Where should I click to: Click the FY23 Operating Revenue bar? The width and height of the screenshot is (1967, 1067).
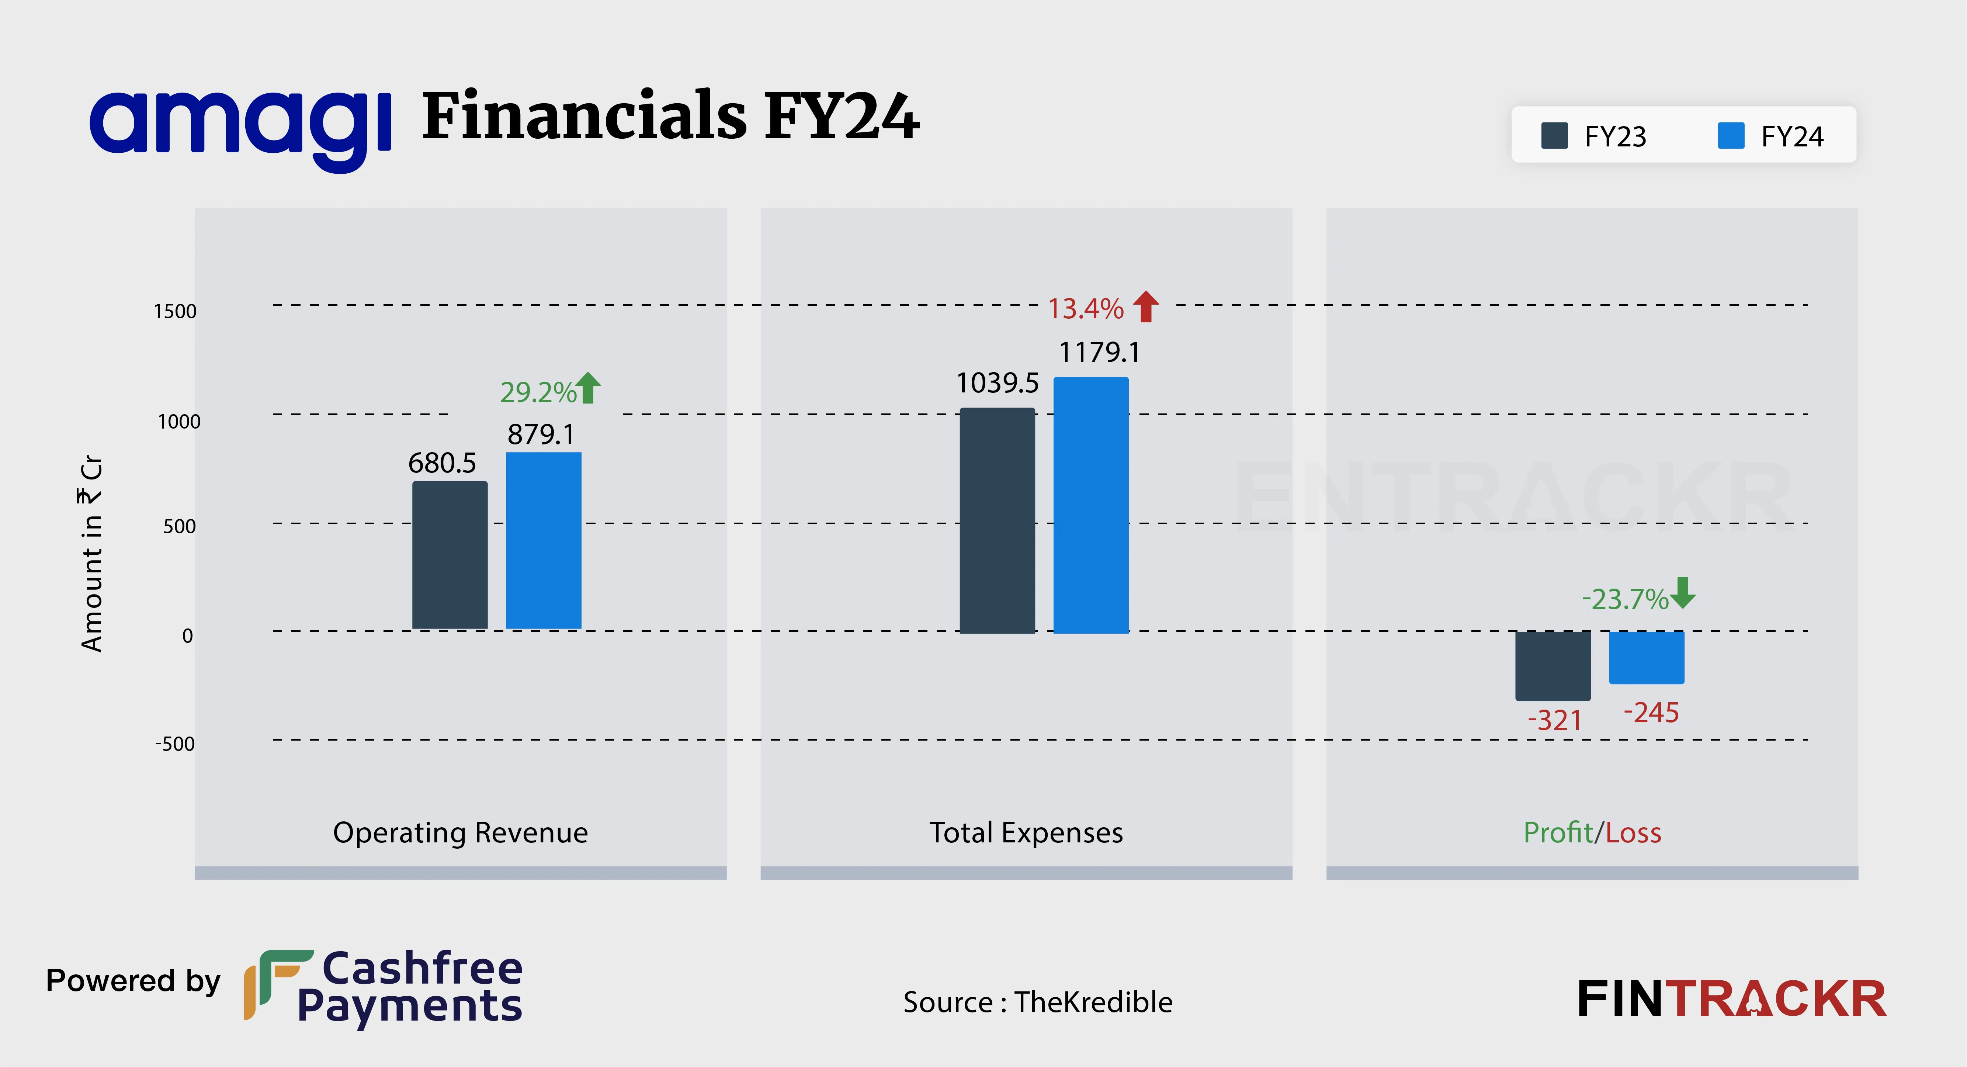[x=450, y=555]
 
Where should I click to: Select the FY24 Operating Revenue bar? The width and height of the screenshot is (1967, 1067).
[x=544, y=541]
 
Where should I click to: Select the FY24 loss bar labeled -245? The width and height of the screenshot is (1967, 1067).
[x=1646, y=657]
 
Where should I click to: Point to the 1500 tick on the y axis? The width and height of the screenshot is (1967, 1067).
[x=175, y=312]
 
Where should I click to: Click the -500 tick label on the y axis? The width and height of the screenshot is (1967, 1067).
[x=175, y=744]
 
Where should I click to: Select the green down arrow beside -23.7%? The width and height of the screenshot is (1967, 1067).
[x=1683, y=593]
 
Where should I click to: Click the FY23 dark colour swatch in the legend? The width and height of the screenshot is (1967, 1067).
[x=1555, y=136]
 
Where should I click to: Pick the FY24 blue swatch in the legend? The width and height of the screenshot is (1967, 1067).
[x=1731, y=136]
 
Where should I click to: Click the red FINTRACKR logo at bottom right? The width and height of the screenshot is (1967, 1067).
[x=1732, y=999]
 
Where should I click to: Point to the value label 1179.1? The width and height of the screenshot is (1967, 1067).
[x=1099, y=352]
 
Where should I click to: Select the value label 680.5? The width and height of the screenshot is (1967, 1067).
[x=442, y=463]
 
